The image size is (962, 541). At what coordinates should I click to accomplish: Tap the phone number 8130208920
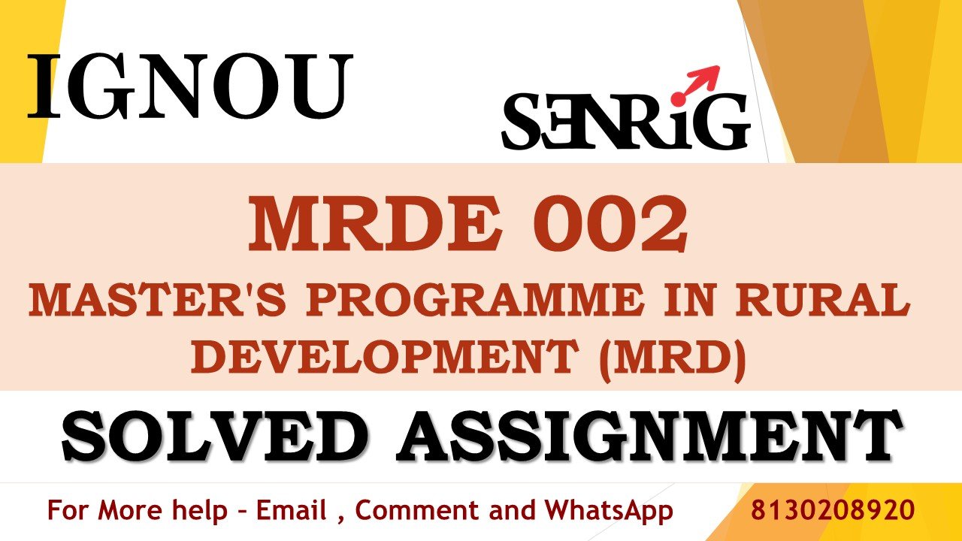tap(833, 510)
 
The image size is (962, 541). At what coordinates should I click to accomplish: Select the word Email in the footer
tap(291, 511)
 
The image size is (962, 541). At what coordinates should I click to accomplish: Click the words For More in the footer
tap(105, 511)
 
